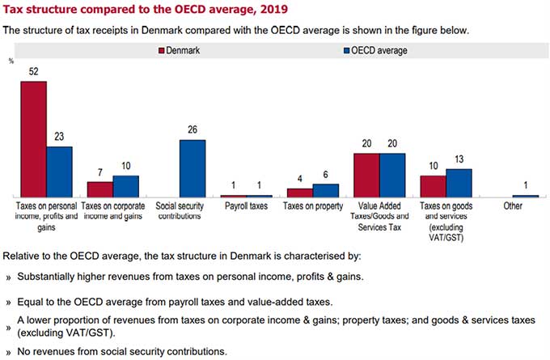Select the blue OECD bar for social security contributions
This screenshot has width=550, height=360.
click(192, 168)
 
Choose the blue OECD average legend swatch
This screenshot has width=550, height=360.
click(336, 51)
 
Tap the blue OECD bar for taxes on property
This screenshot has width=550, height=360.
click(326, 190)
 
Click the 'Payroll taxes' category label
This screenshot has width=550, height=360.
click(247, 206)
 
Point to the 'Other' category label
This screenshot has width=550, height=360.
click(512, 206)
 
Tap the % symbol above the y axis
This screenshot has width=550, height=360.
click(11, 61)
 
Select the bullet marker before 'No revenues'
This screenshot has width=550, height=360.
click(9, 352)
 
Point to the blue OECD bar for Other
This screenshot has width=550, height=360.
click(525, 196)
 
